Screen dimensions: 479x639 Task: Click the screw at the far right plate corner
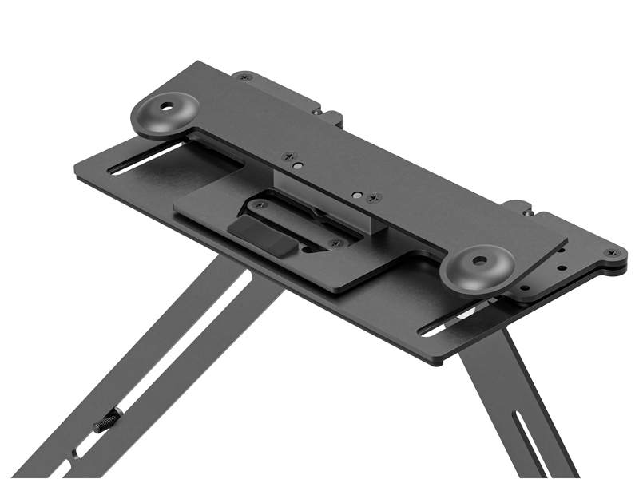611,253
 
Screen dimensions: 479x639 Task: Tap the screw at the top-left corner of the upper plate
245,77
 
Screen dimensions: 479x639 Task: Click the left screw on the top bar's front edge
288,157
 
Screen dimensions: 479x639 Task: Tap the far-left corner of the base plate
77,176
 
